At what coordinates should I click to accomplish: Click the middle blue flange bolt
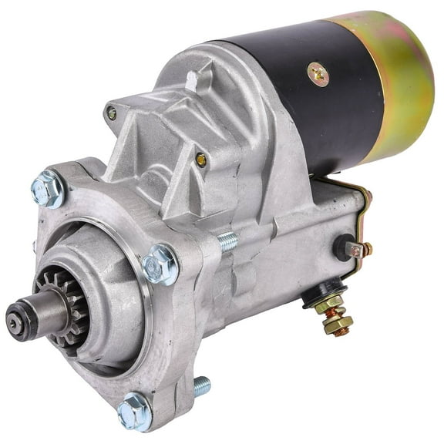[161, 264]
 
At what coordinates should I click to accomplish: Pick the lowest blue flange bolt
[134, 411]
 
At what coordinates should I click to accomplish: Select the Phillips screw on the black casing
[318, 74]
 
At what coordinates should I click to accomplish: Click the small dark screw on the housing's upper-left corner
[112, 113]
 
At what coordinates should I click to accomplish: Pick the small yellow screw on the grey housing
[201, 160]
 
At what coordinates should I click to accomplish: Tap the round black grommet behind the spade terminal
[341, 246]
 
